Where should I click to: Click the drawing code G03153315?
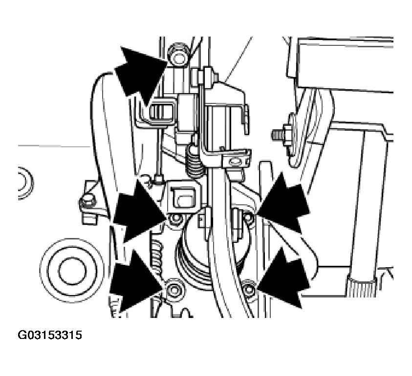[50, 335]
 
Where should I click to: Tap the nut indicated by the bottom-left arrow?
[173, 289]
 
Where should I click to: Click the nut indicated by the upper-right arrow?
[249, 218]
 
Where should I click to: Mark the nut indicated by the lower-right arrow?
[249, 288]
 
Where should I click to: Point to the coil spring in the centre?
[195, 161]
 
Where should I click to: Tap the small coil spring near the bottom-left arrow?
[157, 256]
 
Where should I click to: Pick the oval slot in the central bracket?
[236, 161]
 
